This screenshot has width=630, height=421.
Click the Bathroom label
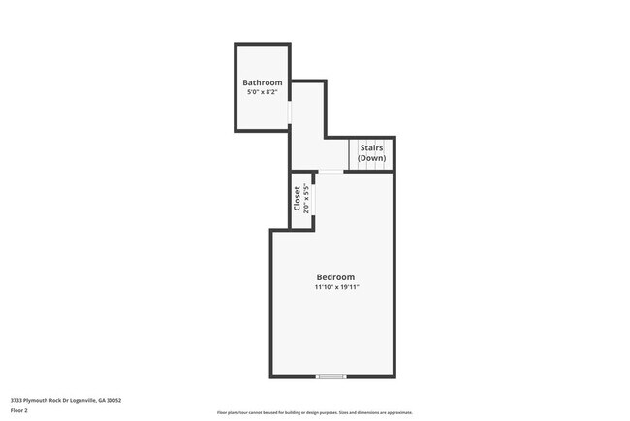point(263,82)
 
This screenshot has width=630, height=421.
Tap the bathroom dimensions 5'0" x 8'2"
point(263,93)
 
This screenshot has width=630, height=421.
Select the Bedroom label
point(336,276)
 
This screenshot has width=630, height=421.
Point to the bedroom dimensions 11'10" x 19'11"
point(336,287)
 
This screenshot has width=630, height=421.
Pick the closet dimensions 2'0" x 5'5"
point(306,199)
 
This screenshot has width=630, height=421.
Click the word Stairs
point(371,148)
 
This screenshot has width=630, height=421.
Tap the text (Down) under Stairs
point(371,158)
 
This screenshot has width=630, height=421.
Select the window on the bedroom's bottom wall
point(331,376)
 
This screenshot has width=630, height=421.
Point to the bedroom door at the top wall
point(331,172)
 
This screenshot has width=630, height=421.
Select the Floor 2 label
point(19,410)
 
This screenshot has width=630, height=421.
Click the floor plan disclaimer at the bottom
point(315,412)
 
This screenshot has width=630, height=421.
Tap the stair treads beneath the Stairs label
point(371,166)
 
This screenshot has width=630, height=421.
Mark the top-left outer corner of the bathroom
point(235,44)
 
